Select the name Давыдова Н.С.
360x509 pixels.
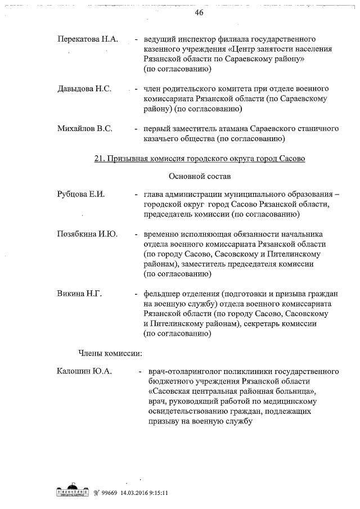point(84,89)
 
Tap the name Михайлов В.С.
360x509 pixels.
point(85,129)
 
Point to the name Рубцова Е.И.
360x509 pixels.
point(81,194)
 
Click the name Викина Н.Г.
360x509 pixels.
point(79,294)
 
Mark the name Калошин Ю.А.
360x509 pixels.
point(84,371)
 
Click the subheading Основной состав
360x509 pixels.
point(200,177)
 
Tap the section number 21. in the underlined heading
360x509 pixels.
point(99,159)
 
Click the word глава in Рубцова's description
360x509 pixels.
point(154,194)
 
